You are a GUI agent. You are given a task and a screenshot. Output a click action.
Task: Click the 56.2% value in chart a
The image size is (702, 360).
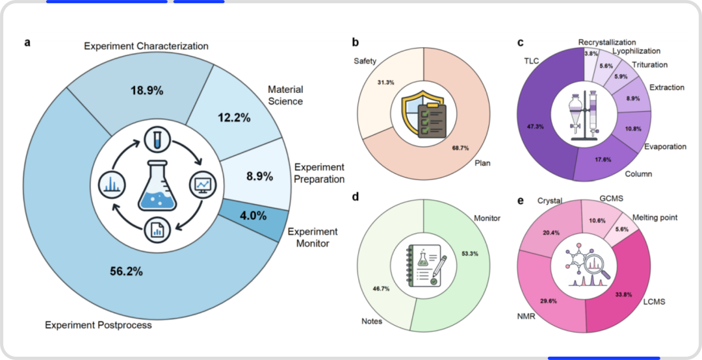126,271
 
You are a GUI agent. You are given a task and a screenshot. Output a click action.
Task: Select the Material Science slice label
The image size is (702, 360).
285,96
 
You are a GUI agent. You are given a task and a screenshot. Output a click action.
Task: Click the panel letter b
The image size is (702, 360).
356,43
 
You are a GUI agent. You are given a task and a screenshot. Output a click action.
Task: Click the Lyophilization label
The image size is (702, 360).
636,51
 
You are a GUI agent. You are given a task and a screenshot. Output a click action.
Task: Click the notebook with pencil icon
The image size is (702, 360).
424,265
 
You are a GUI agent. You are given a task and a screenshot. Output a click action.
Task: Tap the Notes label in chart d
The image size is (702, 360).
372,322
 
